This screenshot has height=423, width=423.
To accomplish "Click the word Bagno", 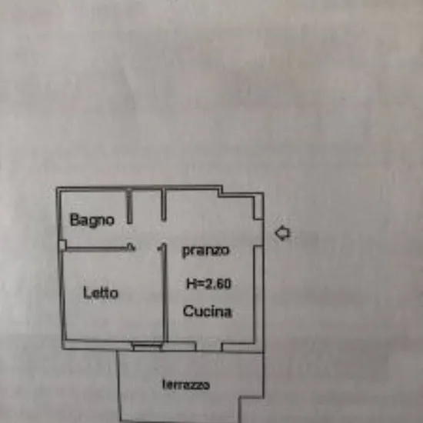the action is pos(92,220).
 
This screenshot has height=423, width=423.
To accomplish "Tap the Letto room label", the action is pos(101,293).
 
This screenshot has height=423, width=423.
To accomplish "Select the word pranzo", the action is pos(206,251).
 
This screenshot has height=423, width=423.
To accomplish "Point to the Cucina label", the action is pos(208,311).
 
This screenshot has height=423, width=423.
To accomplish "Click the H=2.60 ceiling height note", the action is pos(209,284).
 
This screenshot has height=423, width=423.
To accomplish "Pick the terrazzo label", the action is pos(186,385).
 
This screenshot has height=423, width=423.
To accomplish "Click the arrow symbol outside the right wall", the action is pos(283,233).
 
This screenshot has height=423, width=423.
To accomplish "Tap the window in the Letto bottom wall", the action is pos(148,346).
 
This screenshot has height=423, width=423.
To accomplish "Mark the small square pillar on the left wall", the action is pos(62,245).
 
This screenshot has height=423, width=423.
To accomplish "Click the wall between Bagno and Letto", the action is pos(99,248).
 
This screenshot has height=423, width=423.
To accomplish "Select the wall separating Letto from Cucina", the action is pos(165,293).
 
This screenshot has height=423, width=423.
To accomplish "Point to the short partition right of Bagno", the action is pos(129,206).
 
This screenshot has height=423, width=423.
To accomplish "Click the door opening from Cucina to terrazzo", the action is pos(209,346).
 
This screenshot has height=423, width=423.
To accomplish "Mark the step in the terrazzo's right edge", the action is pos(251,398).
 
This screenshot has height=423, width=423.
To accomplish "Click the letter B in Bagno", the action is pos(74,219).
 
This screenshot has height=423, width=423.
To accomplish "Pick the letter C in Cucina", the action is pos(188,311).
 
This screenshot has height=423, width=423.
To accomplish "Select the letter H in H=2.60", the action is pos(191,284).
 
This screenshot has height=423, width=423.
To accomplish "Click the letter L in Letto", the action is pos(87,292).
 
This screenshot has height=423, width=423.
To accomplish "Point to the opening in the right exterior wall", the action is pos(258,232).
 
